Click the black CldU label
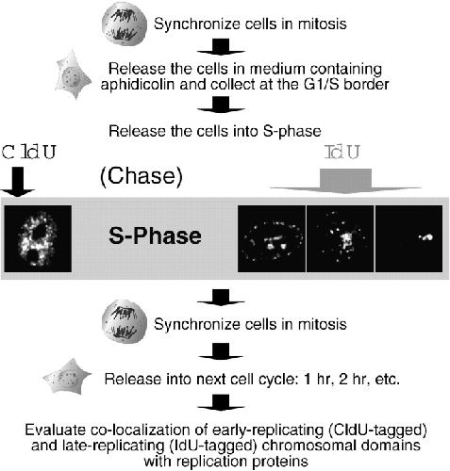click(28, 153)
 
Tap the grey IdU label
click(342, 153)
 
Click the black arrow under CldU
click(18, 182)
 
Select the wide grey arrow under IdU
click(345, 181)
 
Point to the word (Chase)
click(142, 176)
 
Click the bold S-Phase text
click(155, 236)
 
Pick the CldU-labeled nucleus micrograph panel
click(38, 238)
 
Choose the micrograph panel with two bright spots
click(408, 238)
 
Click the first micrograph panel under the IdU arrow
click(272, 238)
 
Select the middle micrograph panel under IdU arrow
click(341, 238)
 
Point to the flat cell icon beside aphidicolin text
click(74, 74)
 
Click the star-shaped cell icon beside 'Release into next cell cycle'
click(67, 376)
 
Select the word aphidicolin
click(137, 84)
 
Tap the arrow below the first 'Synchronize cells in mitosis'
click(221, 47)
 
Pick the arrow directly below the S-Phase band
click(221, 298)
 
